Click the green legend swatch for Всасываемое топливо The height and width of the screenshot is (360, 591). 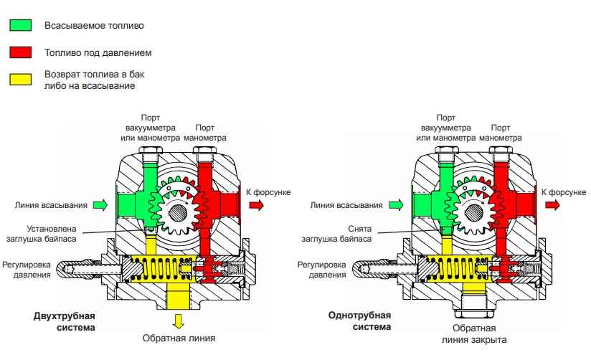click(20, 26)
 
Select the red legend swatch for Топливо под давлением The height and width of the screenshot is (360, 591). click(20, 53)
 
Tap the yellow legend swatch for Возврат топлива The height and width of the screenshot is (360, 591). click(20, 80)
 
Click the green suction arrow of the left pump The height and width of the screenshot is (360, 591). click(100, 205)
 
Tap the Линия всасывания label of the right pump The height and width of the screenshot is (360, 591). click(346, 205)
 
